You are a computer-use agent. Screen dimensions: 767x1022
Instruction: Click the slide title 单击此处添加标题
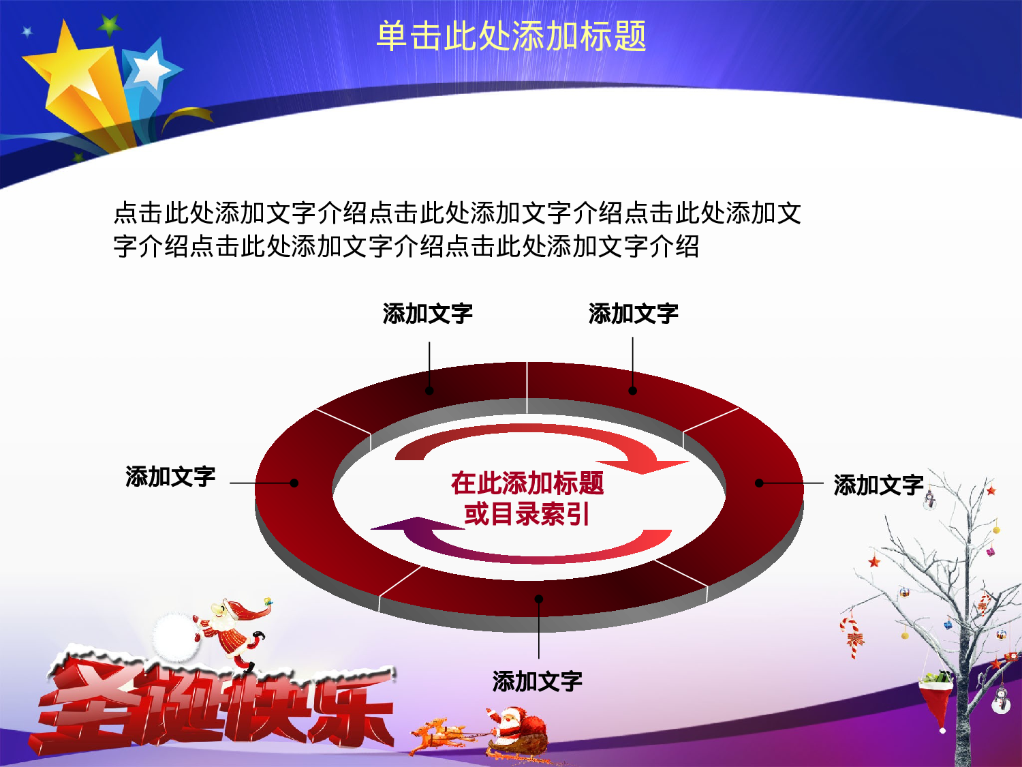511,36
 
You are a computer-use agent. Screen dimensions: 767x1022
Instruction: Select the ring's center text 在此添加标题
527,483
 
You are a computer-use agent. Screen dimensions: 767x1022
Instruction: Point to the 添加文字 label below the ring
538,681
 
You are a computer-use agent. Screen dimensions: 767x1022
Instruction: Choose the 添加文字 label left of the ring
170,477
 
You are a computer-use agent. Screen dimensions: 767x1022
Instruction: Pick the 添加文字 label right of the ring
878,485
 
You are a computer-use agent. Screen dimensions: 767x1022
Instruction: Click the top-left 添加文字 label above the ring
428,314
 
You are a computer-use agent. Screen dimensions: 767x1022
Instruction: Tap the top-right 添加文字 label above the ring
634,314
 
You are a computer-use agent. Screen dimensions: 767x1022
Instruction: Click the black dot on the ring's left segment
294,483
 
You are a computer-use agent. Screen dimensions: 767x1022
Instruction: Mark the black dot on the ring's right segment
759,483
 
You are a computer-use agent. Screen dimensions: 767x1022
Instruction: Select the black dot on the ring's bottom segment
539,599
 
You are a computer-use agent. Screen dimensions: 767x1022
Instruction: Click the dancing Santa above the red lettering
232,631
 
